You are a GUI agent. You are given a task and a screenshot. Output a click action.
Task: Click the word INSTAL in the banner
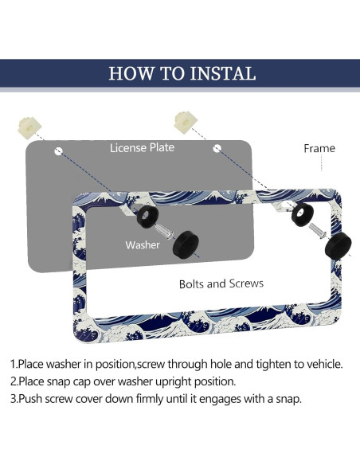pos(222,73)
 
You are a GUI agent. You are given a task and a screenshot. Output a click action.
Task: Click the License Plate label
pos(142,147)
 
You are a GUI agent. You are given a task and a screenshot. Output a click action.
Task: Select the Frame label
pos(319,148)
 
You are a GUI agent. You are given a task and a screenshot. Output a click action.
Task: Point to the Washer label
pos(143,245)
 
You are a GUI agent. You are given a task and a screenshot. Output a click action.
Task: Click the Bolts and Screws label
pos(221,283)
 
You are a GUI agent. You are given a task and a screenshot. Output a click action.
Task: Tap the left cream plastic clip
pos(29,128)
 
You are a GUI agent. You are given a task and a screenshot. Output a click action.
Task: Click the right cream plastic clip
pos(186,122)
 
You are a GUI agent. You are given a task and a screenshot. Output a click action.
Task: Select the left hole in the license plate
pos(59,151)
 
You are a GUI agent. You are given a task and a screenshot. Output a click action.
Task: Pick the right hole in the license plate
pos(217,148)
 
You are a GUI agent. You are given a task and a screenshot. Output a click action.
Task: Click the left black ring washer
pos(147,217)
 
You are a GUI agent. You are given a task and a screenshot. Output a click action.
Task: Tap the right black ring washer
pos(303,215)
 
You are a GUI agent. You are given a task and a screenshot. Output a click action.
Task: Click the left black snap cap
pos(186,244)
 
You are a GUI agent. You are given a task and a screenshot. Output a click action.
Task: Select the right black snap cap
pos(338,245)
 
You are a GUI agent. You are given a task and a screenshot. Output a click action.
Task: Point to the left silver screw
pos(164,232)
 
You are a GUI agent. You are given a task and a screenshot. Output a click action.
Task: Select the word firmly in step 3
pos(150,399)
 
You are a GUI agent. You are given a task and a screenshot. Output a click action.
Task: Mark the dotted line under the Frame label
pos(322,162)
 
